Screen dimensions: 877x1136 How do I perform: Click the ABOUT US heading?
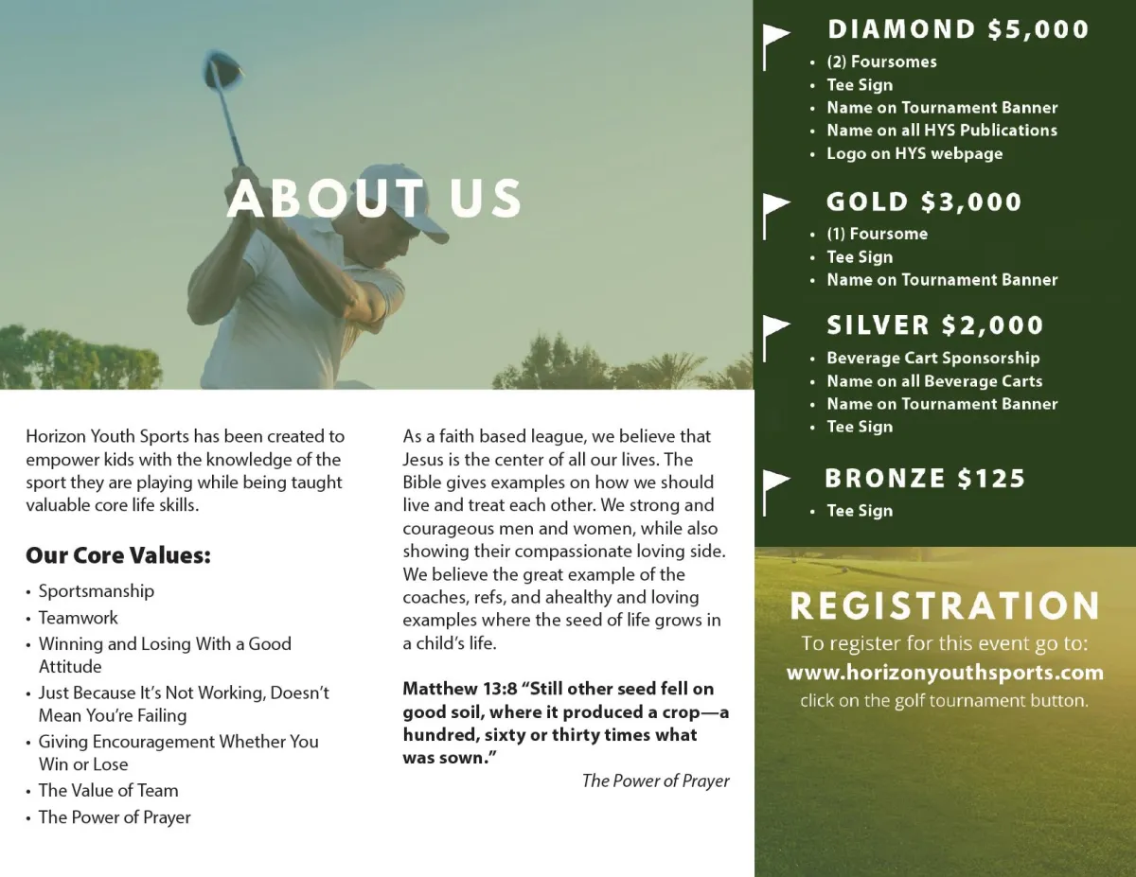374,199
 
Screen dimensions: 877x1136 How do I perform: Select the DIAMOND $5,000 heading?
958,29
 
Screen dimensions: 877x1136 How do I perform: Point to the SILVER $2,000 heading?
934,325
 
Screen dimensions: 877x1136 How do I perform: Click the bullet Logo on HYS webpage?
914,153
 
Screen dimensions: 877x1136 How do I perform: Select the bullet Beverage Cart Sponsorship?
932,358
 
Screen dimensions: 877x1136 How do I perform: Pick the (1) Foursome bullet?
877,234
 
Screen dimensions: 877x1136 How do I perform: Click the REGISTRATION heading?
945,606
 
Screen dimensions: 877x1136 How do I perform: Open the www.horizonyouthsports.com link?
945,673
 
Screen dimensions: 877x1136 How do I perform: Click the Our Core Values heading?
118,555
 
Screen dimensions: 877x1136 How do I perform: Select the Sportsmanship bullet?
96,591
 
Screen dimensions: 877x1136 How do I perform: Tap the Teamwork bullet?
78,618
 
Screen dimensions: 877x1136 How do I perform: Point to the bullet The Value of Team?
108,790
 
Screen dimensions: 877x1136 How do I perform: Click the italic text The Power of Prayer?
655,781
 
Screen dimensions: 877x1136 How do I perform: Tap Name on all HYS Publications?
941,131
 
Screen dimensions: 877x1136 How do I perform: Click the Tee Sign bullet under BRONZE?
859,511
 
